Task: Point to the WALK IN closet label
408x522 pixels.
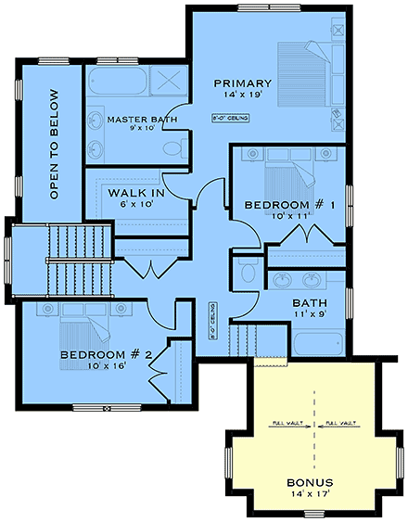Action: tap(136, 193)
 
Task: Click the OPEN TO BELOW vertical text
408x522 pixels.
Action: tap(54, 144)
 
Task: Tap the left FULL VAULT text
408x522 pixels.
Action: tap(287, 424)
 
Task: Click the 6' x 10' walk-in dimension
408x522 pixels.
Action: tap(136, 205)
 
